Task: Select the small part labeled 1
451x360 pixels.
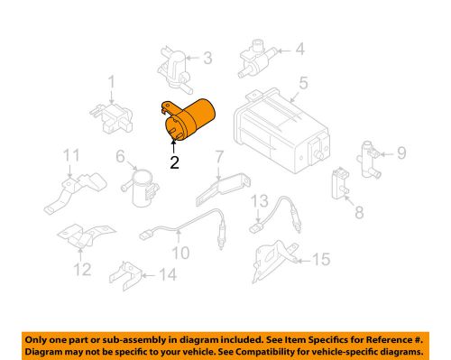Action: pos(106,113)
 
